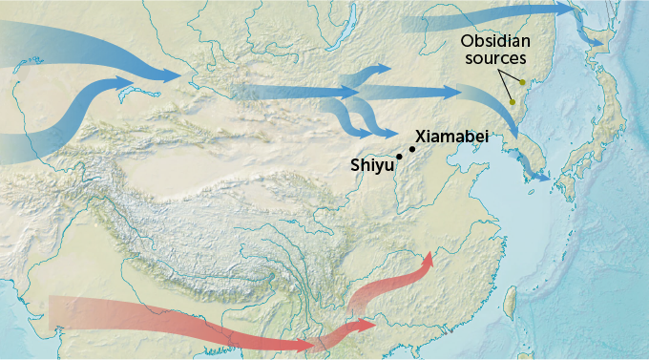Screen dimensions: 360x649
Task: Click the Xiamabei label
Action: click(452, 138)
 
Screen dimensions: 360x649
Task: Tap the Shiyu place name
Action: click(371, 165)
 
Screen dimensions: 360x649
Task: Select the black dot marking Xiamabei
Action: click(412, 148)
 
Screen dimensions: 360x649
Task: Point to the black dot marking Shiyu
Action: click(398, 157)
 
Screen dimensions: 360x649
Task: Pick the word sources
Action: click(496, 59)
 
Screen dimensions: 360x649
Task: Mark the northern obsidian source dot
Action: click(522, 82)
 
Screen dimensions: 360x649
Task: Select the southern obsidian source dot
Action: click(513, 102)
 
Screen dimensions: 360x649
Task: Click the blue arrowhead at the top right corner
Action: click(579, 11)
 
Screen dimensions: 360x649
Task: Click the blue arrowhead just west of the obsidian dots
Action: click(452, 93)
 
